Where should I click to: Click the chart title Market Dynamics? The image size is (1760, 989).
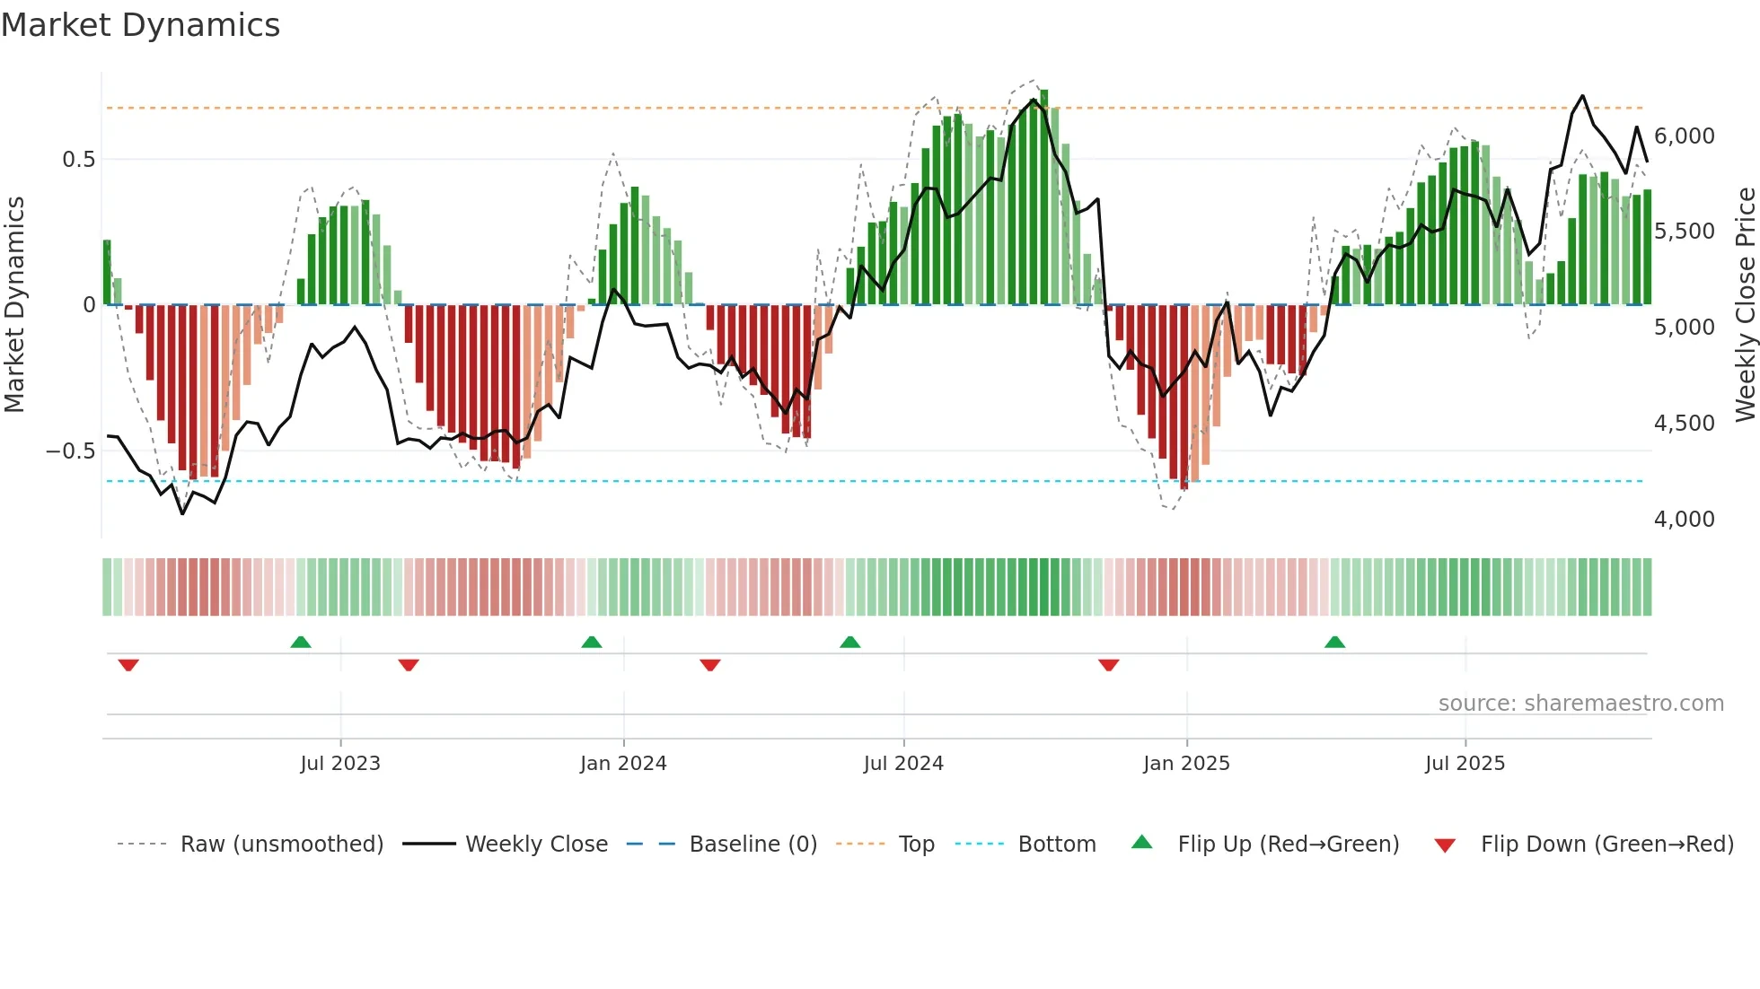pos(140,25)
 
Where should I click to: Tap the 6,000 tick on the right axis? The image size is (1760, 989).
pos(1684,136)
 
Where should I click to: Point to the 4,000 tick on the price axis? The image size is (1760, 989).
pos(1684,520)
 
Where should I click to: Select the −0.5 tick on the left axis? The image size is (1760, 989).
pos(71,451)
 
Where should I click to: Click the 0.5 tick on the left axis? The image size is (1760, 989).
pos(78,160)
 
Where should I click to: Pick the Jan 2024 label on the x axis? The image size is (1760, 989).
pos(623,764)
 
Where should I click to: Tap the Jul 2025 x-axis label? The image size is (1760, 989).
pos(1465,764)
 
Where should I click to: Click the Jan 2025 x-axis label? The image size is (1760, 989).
pos(1186,764)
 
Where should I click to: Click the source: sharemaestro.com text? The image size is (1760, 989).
pos(1580,704)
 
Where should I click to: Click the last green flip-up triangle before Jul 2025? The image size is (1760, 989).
pos(1334,643)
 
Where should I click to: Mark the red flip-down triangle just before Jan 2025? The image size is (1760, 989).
pos(1108,665)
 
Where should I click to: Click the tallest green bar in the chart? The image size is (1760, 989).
pos(1044,197)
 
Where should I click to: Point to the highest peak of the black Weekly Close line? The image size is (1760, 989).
pos(1582,96)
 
